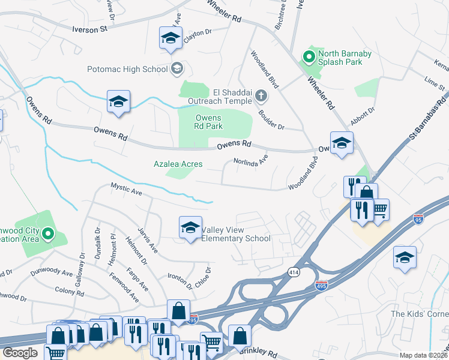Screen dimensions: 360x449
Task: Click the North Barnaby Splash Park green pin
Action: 309,58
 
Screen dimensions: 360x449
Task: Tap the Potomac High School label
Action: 127,69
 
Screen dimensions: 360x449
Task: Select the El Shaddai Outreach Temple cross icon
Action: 261,95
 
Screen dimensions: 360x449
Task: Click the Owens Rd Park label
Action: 208,122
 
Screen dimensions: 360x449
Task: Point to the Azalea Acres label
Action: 178,164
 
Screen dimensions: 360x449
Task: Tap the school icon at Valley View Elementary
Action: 190,228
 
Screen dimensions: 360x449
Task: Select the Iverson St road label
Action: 89,28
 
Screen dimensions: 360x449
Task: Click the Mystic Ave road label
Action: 126,190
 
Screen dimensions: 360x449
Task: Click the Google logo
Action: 20,353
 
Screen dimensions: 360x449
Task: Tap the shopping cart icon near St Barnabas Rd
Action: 379,209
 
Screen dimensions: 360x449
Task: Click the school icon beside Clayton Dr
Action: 170,38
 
